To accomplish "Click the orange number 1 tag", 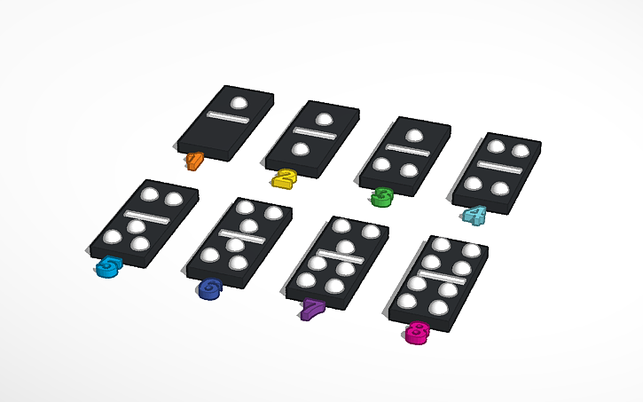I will click(x=195, y=160).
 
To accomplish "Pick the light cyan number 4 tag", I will click(x=474, y=215).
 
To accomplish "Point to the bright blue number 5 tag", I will click(x=108, y=266).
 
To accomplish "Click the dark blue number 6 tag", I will click(x=211, y=288).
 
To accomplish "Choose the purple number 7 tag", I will click(x=312, y=309).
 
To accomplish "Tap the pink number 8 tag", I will click(x=417, y=332).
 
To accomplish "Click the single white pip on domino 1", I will click(x=238, y=103).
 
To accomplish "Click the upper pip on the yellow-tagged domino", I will click(x=325, y=120).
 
